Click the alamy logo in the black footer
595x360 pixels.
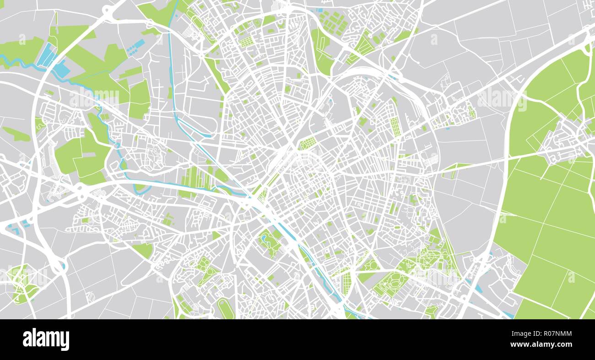click(46, 339)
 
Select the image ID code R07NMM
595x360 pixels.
click(549, 333)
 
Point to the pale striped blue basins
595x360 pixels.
click(46, 55)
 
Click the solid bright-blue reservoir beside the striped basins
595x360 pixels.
click(61, 70)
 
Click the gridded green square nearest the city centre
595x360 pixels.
click(308, 143)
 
